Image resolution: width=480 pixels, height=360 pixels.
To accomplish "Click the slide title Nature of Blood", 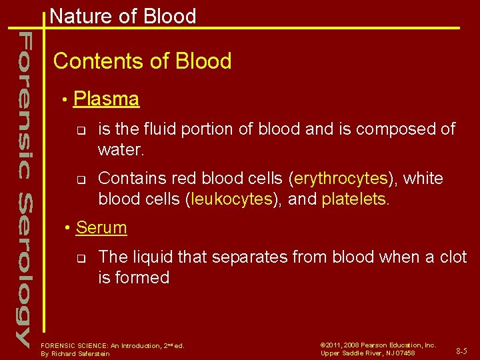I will coord(123,16).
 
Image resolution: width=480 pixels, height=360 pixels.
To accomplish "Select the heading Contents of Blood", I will coord(142,61).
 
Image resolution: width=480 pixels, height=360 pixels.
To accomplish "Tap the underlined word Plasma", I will coord(106,99).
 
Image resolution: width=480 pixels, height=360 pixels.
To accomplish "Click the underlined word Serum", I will coord(101,227).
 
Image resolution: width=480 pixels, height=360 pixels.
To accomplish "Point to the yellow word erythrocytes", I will coord(341,179).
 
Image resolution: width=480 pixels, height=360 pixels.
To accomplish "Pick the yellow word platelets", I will coord(354,199).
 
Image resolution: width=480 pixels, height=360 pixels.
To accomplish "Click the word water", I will coord(119,149).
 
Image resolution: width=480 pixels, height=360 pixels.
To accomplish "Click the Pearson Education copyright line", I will coord(378,345).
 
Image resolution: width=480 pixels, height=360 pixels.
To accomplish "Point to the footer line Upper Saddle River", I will coord(367,353).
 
